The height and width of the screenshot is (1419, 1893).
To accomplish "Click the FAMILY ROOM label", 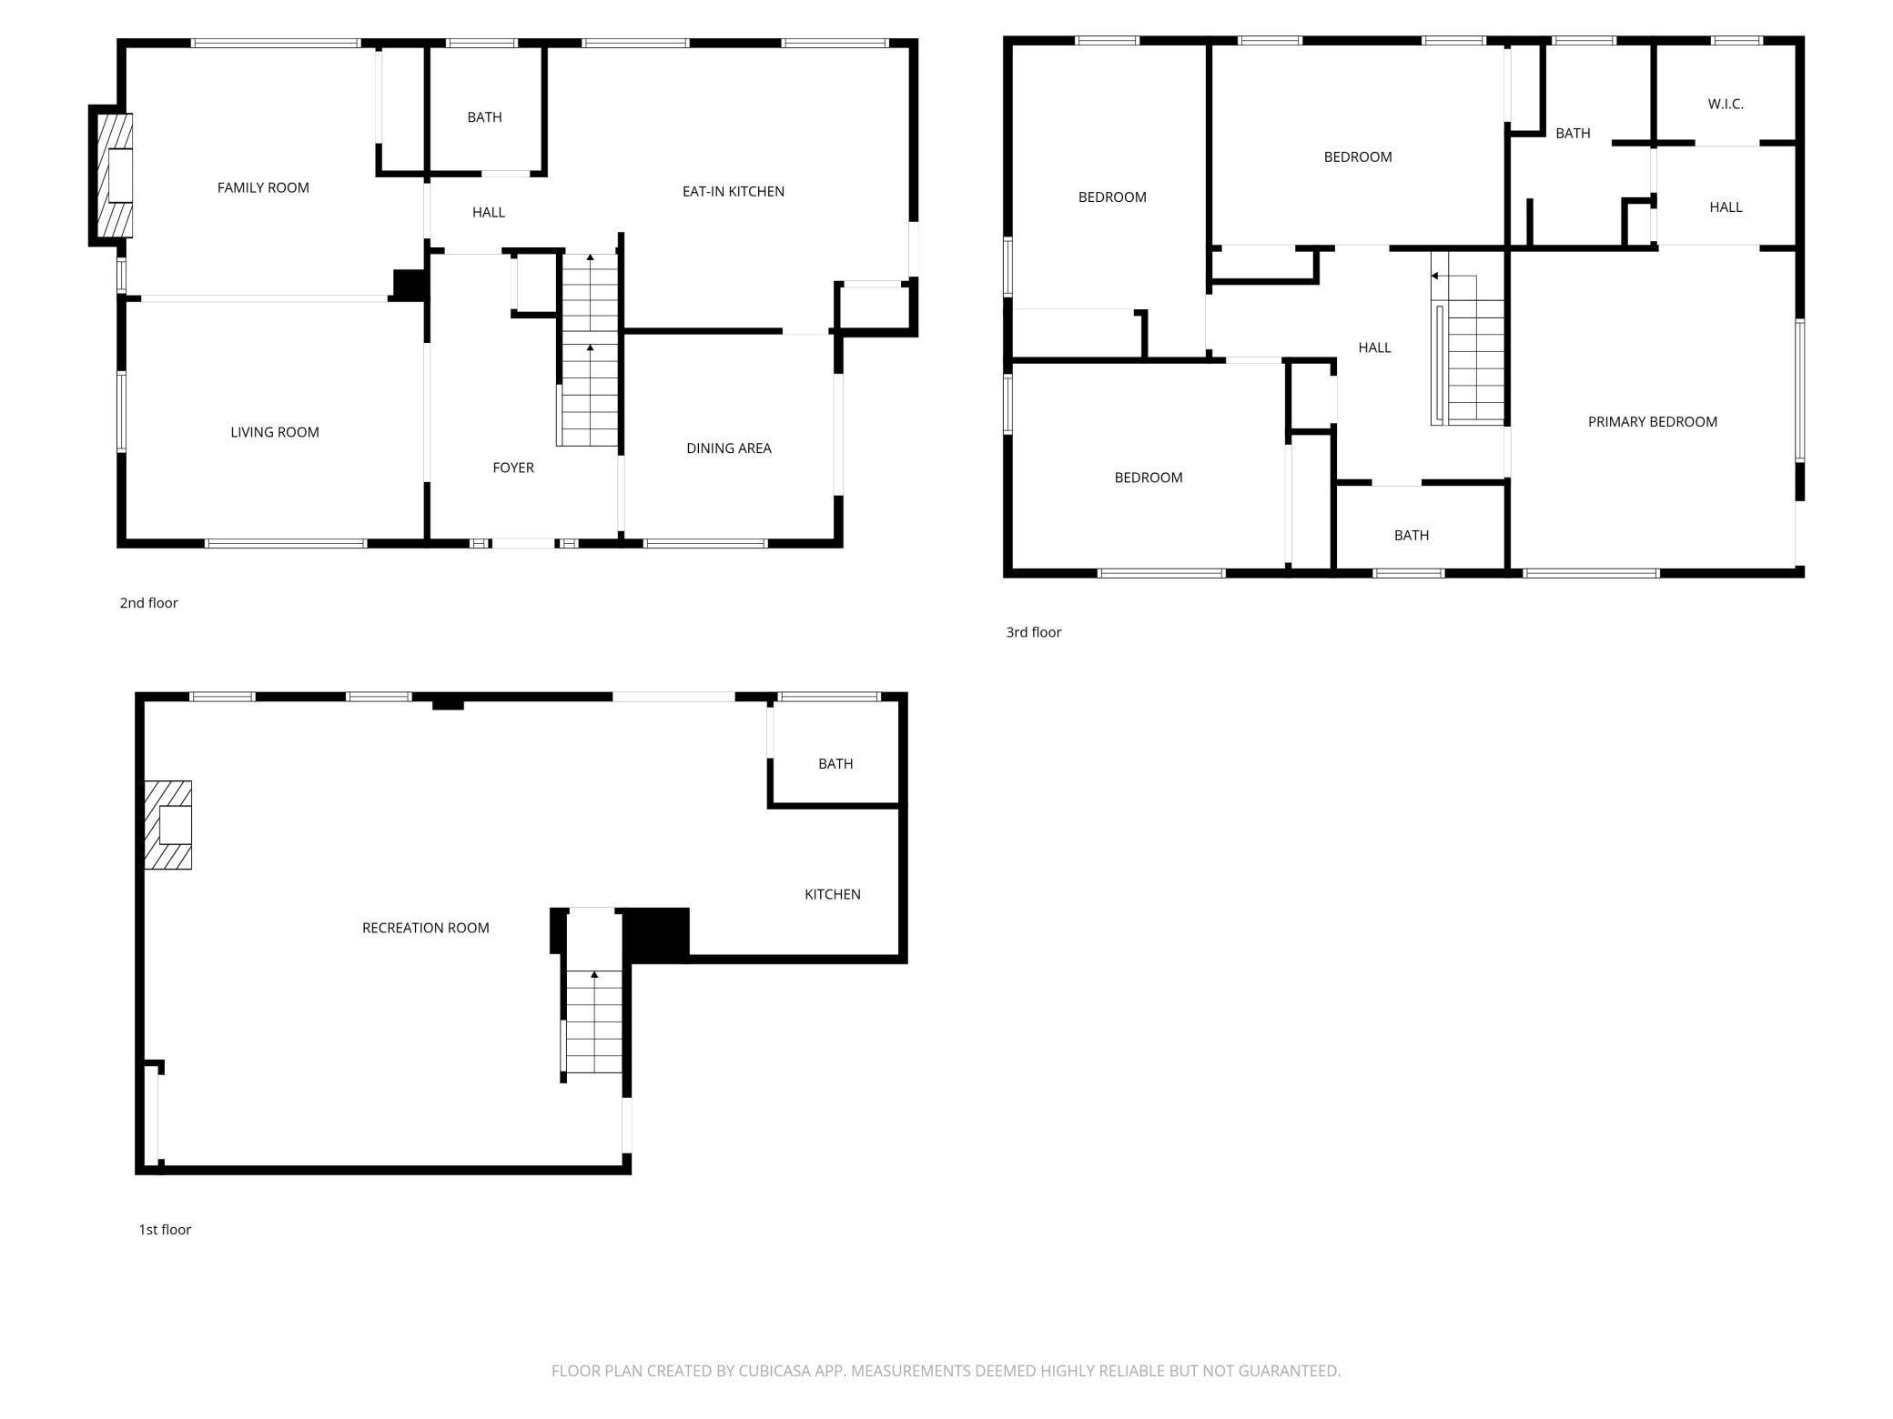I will pos(263,187).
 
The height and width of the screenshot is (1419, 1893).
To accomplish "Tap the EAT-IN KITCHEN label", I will pos(733,191).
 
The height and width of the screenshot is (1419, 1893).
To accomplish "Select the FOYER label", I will pos(512,468).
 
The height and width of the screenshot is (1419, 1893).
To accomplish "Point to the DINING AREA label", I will pos(728,448).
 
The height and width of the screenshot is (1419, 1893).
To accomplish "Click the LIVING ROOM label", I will pos(274,432).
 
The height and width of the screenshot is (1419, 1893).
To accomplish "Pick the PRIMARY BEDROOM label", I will pos(1652,421).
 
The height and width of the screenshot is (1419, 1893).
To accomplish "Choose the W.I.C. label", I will pos(1725,104).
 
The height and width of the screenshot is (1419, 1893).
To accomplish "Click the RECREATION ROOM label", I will pos(425,928).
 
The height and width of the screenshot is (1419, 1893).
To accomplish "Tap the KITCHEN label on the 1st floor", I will pos(832,894).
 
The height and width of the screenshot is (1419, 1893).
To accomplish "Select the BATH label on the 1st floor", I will pos(835,764).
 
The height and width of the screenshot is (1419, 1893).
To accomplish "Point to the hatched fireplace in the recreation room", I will pos(168,825).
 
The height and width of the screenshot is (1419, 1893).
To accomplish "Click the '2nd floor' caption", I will pos(148,603).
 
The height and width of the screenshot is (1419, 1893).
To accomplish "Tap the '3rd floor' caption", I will pos(1033,632).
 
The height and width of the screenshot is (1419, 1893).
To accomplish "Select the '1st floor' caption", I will pos(164,1230).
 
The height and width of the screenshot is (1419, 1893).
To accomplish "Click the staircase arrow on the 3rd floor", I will pos(1436,276).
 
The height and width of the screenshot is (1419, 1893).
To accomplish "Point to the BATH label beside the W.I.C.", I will pos(1572,134).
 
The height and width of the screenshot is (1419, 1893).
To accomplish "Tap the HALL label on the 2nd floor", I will pos(488,212).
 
